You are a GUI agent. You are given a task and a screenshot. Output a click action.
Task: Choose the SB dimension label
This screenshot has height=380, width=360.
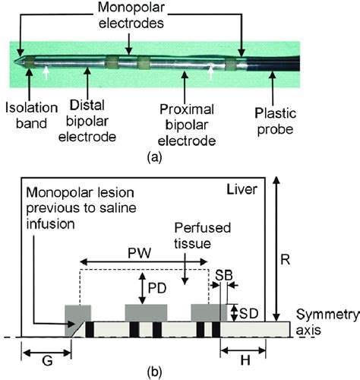pos(223,273)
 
